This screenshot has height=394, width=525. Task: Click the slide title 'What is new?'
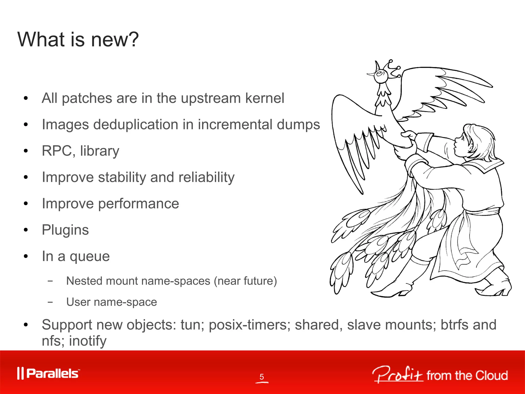coord(78,40)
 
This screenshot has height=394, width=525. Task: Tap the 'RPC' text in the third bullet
coord(57,151)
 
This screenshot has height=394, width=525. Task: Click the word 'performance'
coord(138,204)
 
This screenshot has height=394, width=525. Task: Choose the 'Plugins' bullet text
coord(65,230)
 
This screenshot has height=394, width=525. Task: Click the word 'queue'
coord(89,256)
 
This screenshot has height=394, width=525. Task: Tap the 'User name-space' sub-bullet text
coord(112,302)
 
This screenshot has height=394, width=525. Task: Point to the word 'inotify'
coord(88,341)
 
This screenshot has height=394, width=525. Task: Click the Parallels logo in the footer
coord(48,373)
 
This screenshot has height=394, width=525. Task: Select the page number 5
coord(261,377)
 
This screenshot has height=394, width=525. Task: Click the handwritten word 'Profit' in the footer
coord(397,375)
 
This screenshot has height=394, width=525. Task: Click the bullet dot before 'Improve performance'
coord(25,204)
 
